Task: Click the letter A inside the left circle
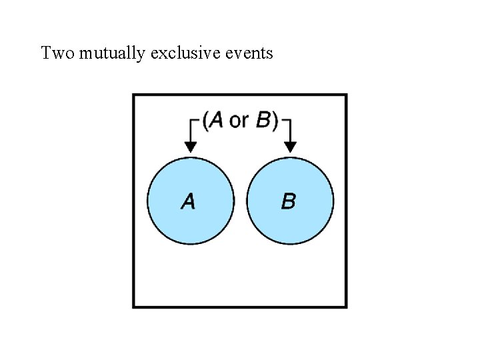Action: (189, 201)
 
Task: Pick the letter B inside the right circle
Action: (289, 201)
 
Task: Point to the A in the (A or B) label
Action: (216, 120)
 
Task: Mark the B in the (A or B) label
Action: (263, 120)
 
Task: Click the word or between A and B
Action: (239, 121)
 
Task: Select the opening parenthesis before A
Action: (205, 120)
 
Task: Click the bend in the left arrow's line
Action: (191, 121)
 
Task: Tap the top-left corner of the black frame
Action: (134, 95)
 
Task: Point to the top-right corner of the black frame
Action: (346, 95)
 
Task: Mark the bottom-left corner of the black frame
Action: (134, 306)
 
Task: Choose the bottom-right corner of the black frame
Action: (346, 306)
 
